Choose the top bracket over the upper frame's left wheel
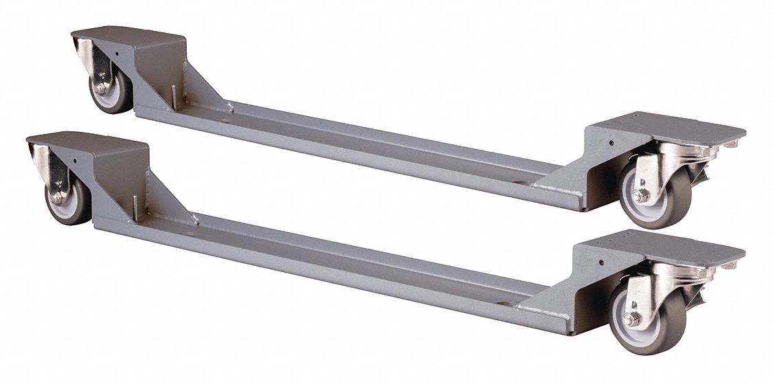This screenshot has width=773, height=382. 131,38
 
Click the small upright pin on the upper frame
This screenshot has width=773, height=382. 175,96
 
